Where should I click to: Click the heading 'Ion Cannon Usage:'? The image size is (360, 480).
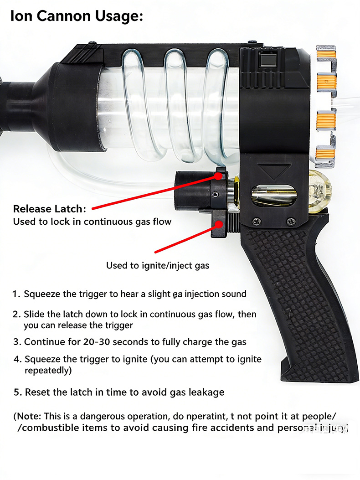(x=77, y=16)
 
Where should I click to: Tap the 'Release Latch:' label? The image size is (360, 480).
(x=49, y=209)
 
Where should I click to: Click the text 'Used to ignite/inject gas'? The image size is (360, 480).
(x=158, y=265)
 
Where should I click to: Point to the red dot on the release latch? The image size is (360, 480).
(x=219, y=175)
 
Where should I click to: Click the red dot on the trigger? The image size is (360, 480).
(x=219, y=224)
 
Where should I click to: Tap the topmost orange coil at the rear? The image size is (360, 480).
(x=326, y=55)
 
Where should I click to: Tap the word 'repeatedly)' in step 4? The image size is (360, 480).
(x=48, y=371)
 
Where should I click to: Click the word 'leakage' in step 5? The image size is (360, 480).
(x=207, y=392)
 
